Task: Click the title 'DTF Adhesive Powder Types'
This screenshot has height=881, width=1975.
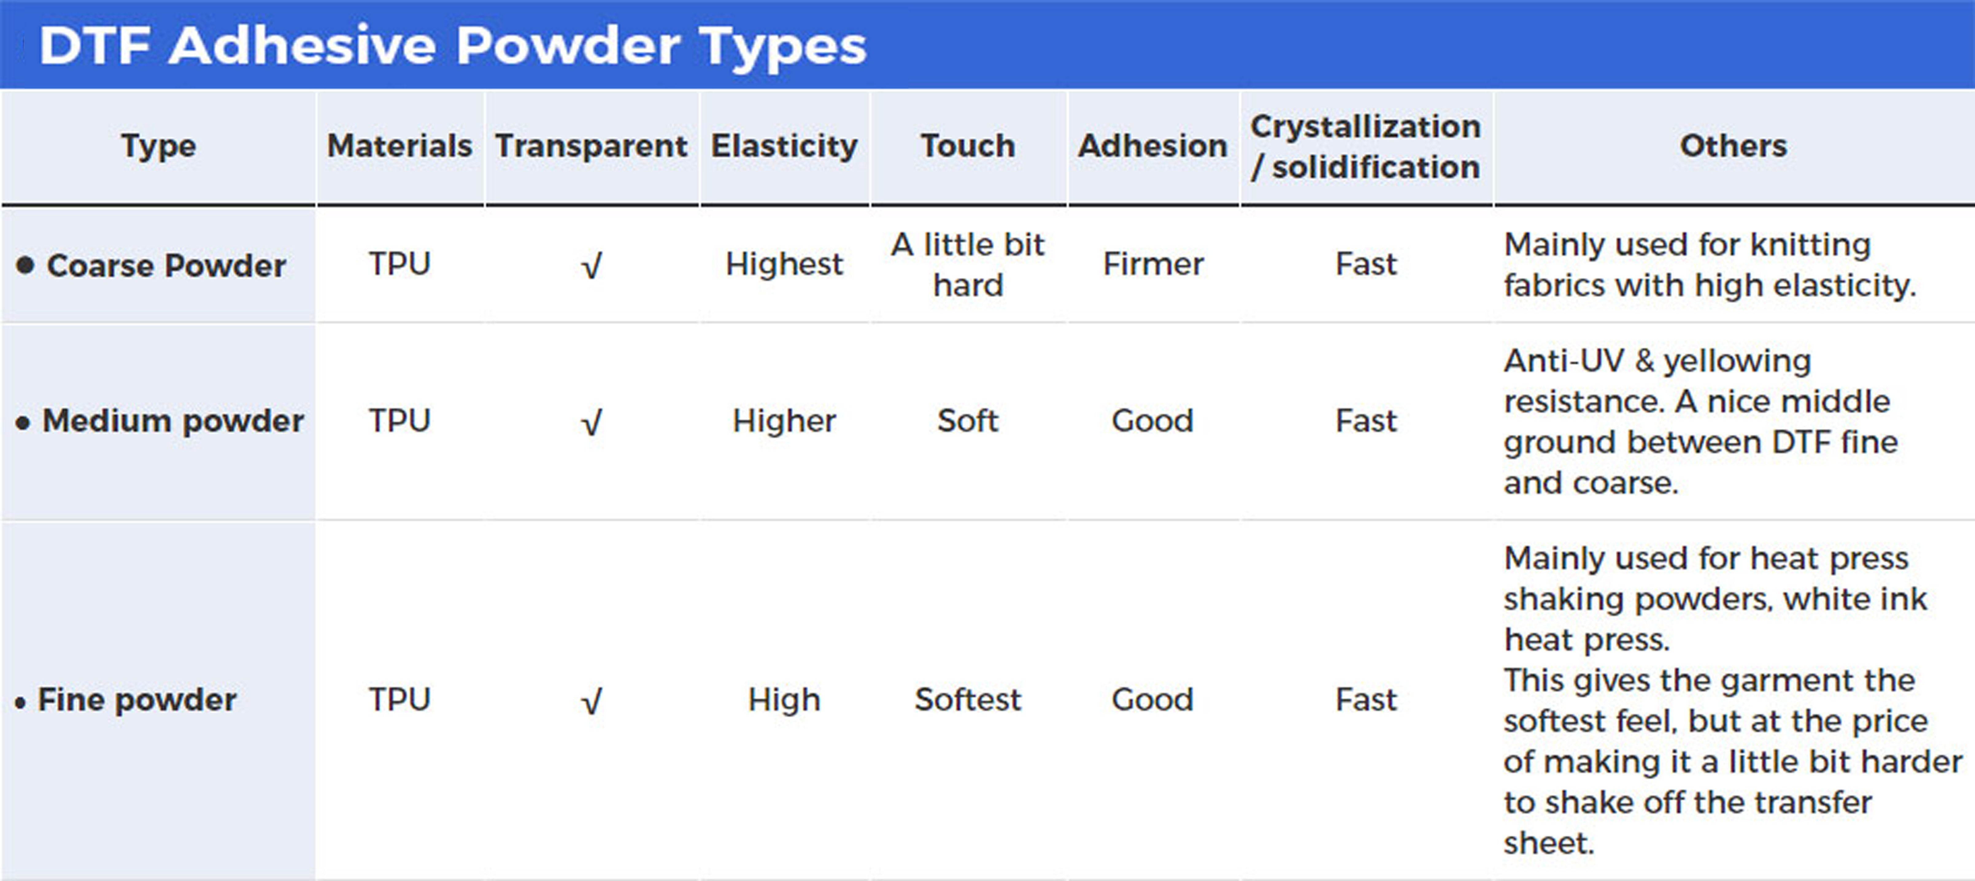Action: click(452, 46)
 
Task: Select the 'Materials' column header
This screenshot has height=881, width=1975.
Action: click(399, 146)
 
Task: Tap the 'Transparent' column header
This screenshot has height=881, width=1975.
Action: click(591, 146)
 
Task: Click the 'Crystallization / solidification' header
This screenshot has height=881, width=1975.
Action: click(1365, 146)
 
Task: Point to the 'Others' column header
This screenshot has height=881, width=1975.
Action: click(1734, 146)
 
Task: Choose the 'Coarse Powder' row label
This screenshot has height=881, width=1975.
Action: click(166, 265)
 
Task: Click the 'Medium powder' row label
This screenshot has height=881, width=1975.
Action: click(173, 421)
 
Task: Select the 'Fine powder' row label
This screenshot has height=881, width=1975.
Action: click(137, 700)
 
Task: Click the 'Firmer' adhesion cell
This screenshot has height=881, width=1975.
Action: click(1153, 265)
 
